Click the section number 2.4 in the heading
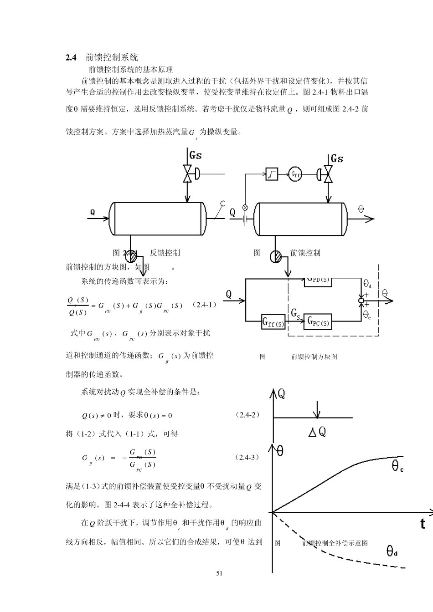[71, 57]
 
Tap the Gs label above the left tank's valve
[196, 155]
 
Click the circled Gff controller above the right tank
[295, 173]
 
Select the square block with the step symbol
[272, 173]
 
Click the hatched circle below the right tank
[276, 257]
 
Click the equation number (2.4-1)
[205, 305]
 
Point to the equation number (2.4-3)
[247, 457]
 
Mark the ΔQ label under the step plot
[317, 432]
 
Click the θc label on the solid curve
[397, 466]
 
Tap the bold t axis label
[423, 524]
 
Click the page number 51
[219, 573]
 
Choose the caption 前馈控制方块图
[314, 357]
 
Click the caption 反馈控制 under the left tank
[165, 253]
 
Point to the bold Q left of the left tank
[93, 212]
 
